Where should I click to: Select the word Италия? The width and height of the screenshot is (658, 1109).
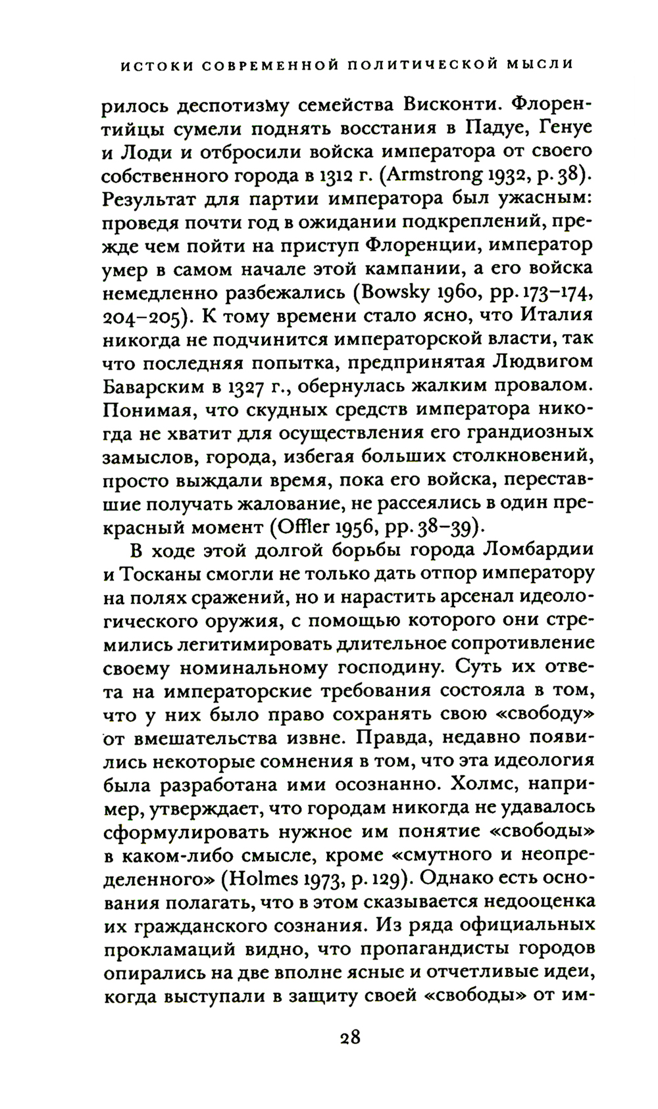(x=556, y=315)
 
